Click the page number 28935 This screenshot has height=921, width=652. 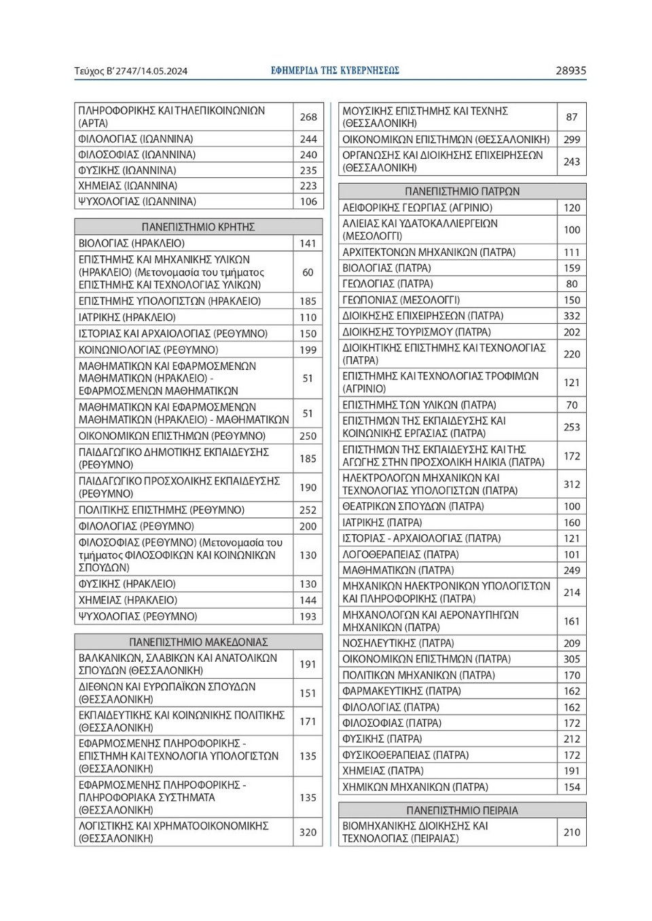pyautogui.click(x=570, y=71)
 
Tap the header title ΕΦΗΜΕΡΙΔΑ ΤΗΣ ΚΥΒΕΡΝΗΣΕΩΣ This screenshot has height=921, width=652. pyautogui.click(x=335, y=71)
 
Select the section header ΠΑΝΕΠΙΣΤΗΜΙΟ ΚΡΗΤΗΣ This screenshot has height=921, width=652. pyautogui.click(x=198, y=227)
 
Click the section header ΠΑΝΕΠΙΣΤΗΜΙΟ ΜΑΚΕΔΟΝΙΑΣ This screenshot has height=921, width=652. pyautogui.click(x=198, y=641)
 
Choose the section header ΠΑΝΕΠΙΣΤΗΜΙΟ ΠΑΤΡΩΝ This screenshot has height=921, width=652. pyautogui.click(x=462, y=191)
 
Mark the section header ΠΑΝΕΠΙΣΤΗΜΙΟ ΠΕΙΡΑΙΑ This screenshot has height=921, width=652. pyautogui.click(x=462, y=810)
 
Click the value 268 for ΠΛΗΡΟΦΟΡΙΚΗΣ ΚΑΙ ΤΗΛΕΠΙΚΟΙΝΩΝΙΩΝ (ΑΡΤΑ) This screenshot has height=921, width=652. pyautogui.click(x=308, y=117)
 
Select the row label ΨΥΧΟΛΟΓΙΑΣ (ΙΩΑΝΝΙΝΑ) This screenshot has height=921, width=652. pyautogui.click(x=137, y=202)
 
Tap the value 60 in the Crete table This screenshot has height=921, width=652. pyautogui.click(x=308, y=272)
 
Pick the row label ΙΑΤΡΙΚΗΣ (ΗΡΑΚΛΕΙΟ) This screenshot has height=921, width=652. pyautogui.click(x=127, y=317)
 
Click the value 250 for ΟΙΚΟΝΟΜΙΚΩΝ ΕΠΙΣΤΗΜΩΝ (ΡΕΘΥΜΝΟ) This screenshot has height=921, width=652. pyautogui.click(x=308, y=436)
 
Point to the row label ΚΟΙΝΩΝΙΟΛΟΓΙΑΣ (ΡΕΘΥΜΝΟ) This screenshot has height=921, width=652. pyautogui.click(x=148, y=350)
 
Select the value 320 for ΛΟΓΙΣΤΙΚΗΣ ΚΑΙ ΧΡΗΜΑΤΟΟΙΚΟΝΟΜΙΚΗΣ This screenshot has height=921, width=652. pyautogui.click(x=308, y=832)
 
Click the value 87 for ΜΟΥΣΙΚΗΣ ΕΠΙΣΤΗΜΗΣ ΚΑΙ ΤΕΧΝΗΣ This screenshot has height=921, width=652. pyautogui.click(x=572, y=117)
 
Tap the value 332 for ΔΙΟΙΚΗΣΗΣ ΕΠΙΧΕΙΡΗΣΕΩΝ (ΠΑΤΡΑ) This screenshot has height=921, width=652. pyautogui.click(x=572, y=316)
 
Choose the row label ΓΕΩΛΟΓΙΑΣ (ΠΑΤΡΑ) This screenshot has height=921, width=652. pyautogui.click(x=387, y=284)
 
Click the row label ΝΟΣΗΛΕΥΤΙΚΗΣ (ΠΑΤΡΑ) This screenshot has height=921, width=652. pyautogui.click(x=398, y=643)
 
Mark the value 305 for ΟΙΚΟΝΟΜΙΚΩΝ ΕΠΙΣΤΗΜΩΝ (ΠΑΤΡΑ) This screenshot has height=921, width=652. pyautogui.click(x=572, y=659)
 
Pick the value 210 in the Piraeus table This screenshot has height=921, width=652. pyautogui.click(x=572, y=832)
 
